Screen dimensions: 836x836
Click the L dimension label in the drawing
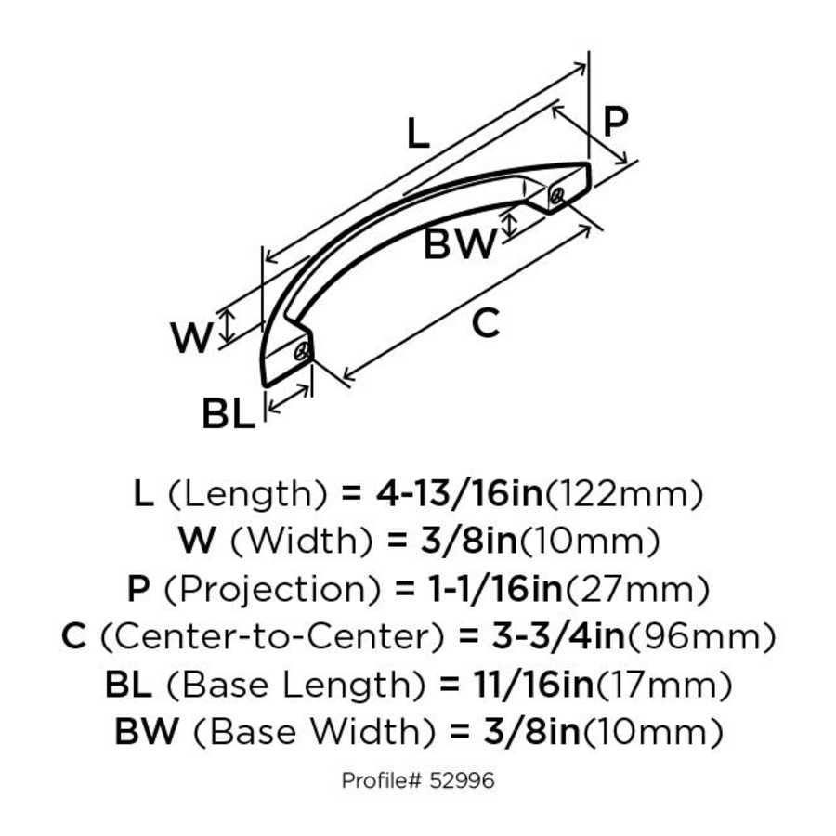(x=419, y=136)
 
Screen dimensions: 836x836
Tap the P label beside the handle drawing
(x=615, y=122)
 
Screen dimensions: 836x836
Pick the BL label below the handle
(x=228, y=415)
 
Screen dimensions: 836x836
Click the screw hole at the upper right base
(x=556, y=195)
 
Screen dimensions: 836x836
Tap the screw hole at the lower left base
(x=300, y=354)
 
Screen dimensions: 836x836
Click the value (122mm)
(x=622, y=493)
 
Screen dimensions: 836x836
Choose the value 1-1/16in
(x=480, y=589)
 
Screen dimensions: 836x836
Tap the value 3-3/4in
(x=540, y=637)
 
